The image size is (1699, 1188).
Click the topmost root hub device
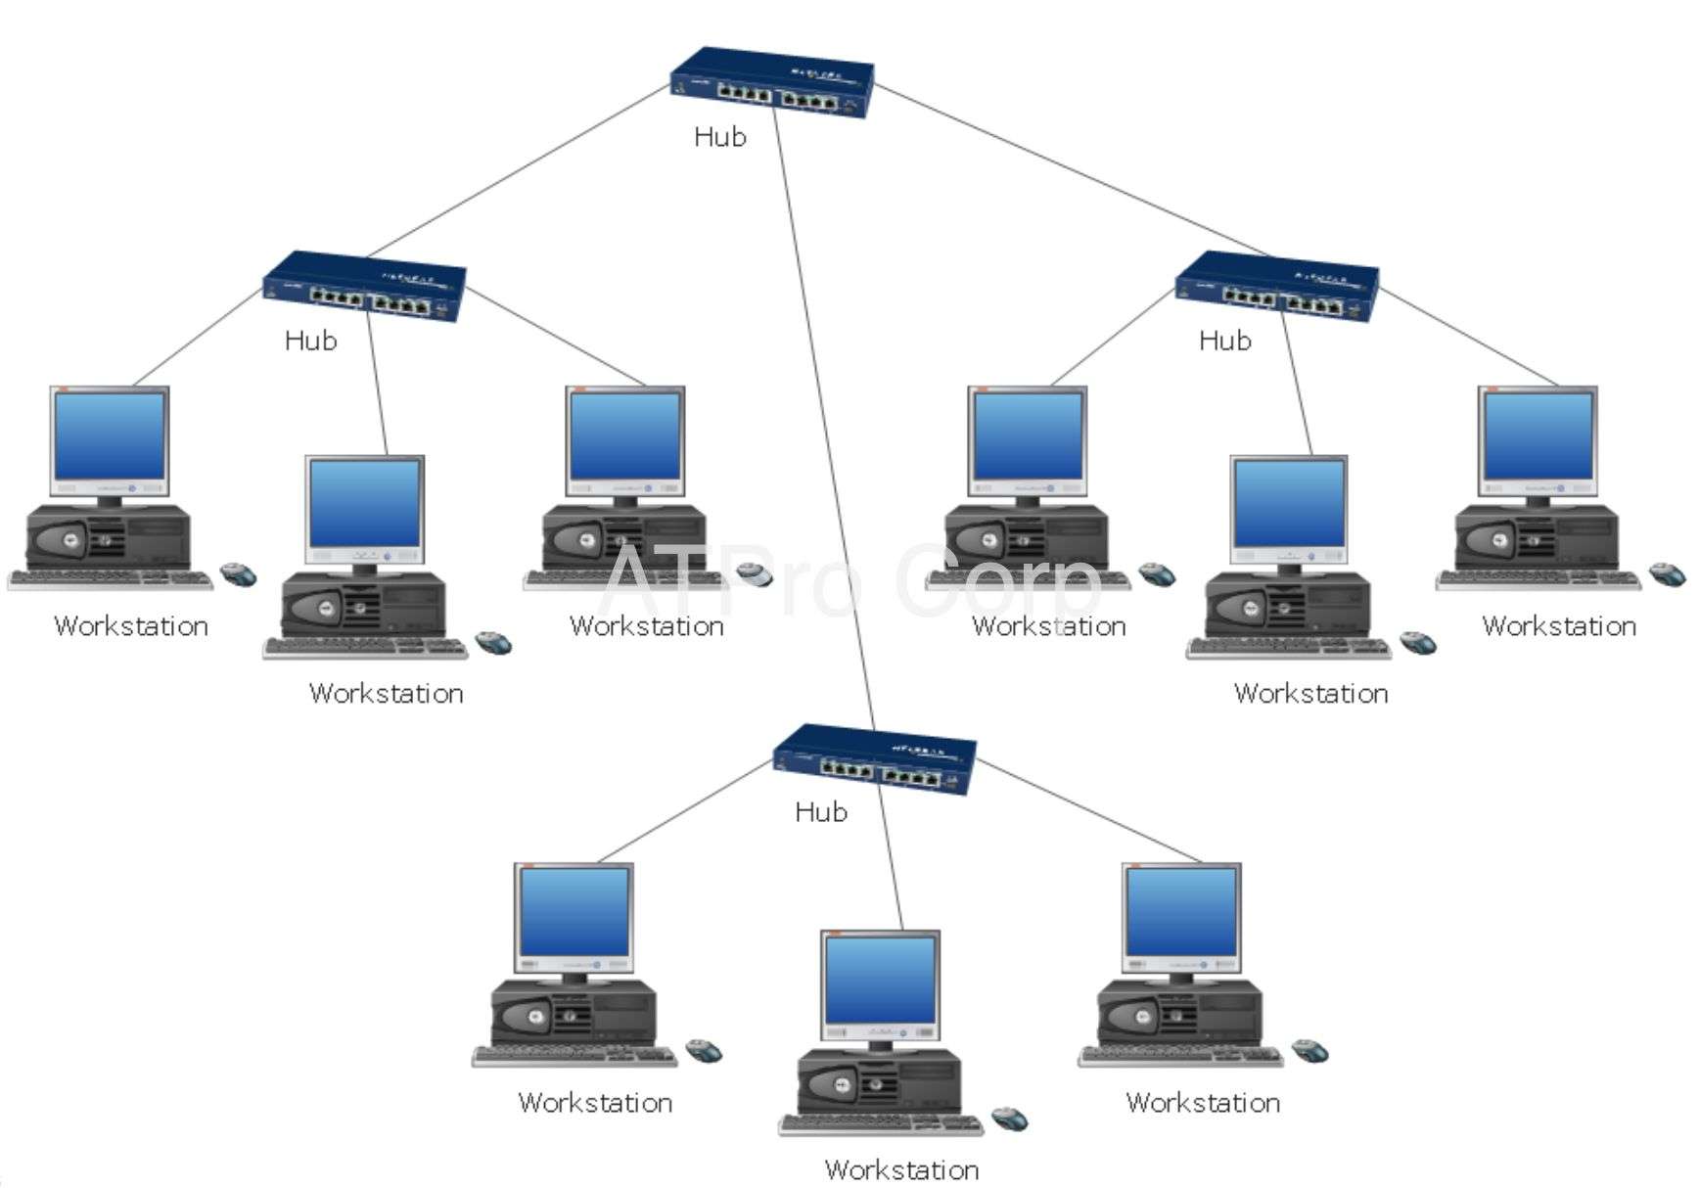(772, 83)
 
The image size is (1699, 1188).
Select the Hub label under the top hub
(719, 137)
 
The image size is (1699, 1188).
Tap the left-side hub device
(364, 287)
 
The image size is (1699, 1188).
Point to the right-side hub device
(1277, 287)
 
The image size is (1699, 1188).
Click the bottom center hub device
(875, 759)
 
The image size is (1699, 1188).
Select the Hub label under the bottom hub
(820, 812)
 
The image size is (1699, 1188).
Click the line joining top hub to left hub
(519, 171)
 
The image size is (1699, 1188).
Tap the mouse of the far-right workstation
(1667, 574)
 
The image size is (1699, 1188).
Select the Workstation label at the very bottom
(901, 1169)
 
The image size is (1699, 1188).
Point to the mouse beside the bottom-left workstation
(704, 1051)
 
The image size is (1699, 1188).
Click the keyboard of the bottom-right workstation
(1179, 1057)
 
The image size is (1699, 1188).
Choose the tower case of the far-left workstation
(108, 538)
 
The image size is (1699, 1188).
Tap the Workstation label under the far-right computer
(1559, 626)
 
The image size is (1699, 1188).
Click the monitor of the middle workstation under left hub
(364, 505)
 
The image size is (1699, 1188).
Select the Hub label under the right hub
(1224, 341)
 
